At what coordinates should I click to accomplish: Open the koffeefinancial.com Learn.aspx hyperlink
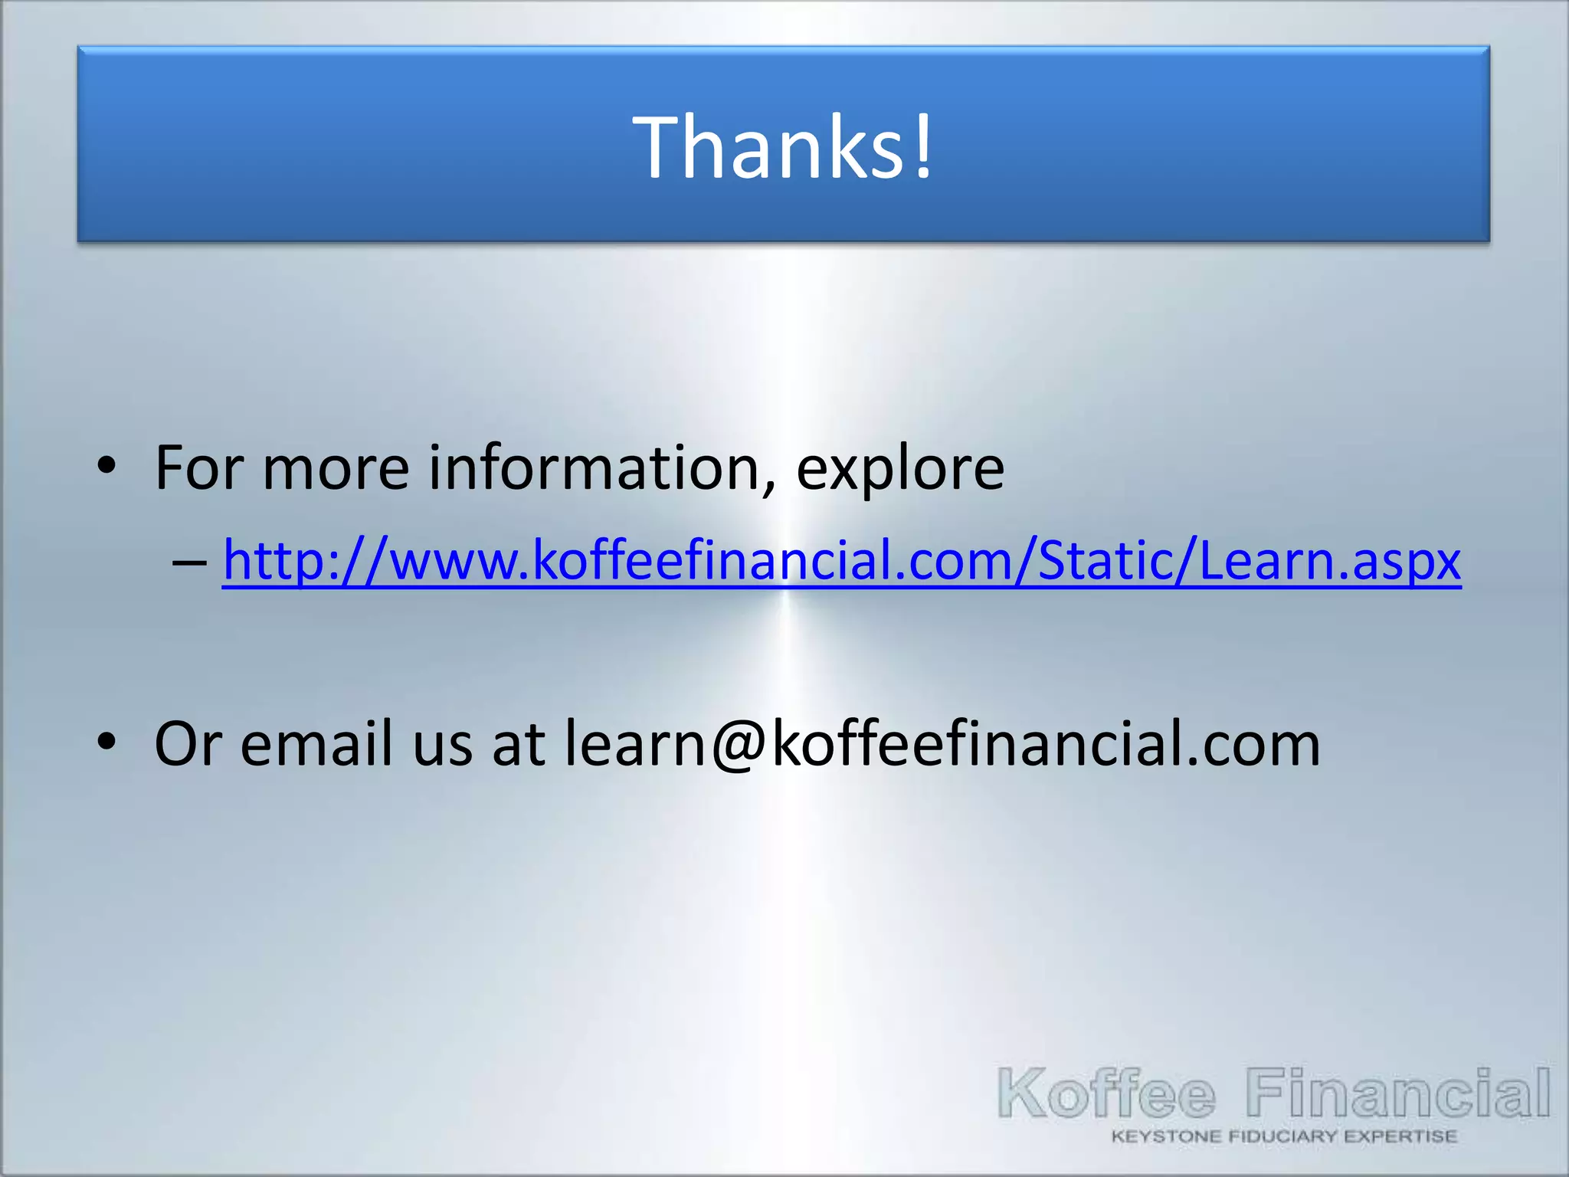(x=841, y=560)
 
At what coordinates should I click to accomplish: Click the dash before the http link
(x=189, y=563)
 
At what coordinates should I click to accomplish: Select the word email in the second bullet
(x=316, y=743)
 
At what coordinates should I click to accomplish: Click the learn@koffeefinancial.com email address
(x=942, y=743)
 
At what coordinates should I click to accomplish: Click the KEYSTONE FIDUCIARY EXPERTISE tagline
(x=1284, y=1136)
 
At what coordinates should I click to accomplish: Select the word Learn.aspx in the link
(x=1329, y=560)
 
